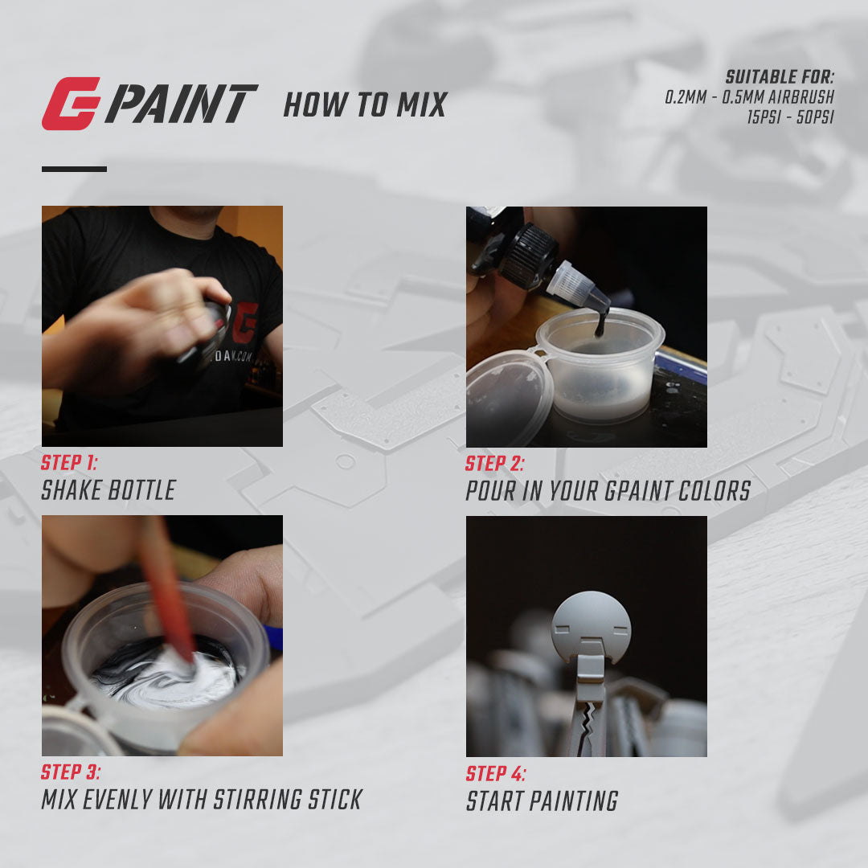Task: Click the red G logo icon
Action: tap(71, 104)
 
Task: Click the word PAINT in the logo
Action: tap(182, 104)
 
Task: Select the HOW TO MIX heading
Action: tap(365, 105)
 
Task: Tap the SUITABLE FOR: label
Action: tap(780, 78)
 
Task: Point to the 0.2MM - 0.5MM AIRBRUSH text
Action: tap(749, 97)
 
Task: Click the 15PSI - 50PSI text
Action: tap(791, 116)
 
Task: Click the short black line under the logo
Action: tap(74, 169)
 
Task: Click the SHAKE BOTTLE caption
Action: tap(108, 490)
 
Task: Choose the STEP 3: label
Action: tap(71, 773)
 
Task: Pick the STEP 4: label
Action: tap(496, 774)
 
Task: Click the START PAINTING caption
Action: tap(542, 801)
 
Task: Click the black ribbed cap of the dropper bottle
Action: tap(529, 255)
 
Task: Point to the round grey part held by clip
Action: tap(590, 626)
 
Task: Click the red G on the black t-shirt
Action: tap(247, 321)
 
